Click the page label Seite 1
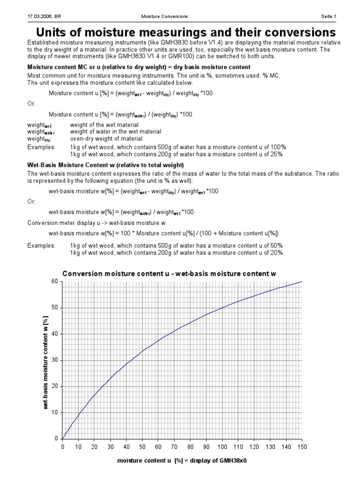click(x=328, y=16)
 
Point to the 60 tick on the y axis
click(x=55, y=281)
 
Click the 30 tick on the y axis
click(x=55, y=360)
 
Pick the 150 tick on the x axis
click(x=302, y=447)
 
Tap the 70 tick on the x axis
click(x=174, y=447)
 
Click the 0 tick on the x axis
click(x=62, y=447)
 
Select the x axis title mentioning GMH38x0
click(x=182, y=461)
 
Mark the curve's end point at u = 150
click(x=302, y=281)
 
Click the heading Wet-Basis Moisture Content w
click(x=105, y=165)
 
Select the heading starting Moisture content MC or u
click(x=139, y=67)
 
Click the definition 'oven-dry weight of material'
click(x=106, y=139)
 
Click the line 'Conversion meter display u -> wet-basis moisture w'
click(x=97, y=223)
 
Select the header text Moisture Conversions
click(x=164, y=16)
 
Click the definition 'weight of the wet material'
click(x=104, y=125)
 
